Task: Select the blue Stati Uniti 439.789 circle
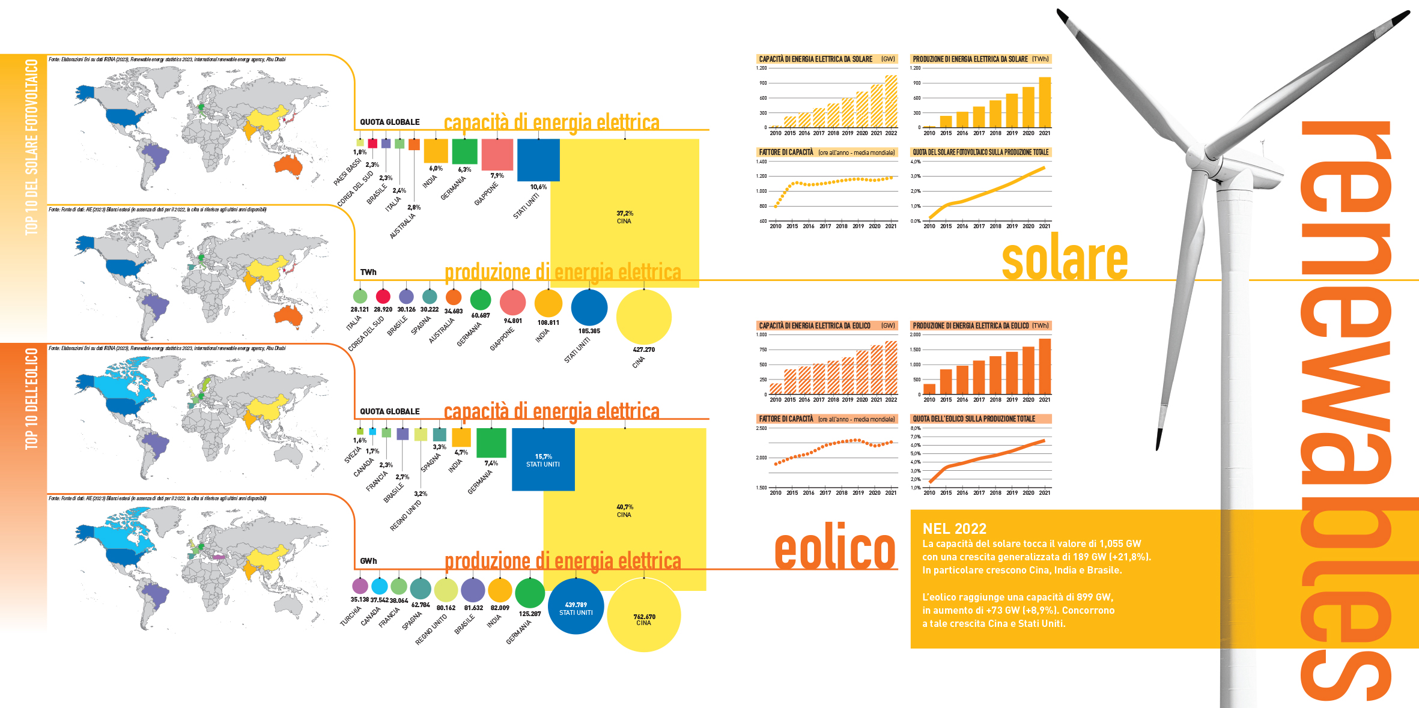[x=576, y=607]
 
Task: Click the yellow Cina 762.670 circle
[x=643, y=616]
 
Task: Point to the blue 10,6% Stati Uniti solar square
[x=538, y=160]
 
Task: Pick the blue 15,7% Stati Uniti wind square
[x=543, y=459]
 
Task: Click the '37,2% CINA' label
[x=624, y=217]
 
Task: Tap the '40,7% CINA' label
[x=624, y=511]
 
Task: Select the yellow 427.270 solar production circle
[x=643, y=316]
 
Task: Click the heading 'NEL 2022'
[x=954, y=529]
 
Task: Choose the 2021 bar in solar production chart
[x=1045, y=102]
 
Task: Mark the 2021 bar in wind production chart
[x=1045, y=366]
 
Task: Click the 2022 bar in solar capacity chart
[x=891, y=101]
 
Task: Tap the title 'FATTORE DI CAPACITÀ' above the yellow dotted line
[x=786, y=153]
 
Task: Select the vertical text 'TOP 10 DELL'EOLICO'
[x=31, y=399]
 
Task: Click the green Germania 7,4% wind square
[x=491, y=443]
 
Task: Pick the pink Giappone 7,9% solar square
[x=497, y=155]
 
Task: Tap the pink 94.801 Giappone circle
[x=512, y=303]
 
